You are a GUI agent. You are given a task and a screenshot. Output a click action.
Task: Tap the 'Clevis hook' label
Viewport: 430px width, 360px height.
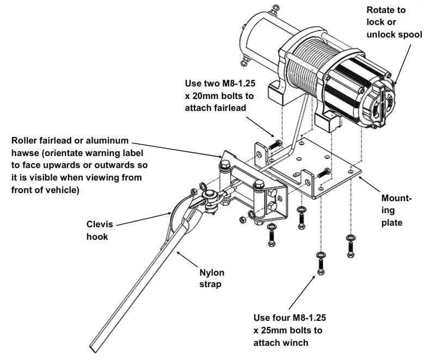97,230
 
